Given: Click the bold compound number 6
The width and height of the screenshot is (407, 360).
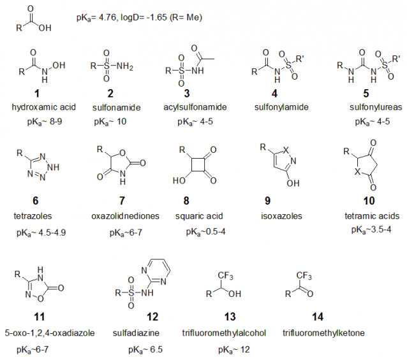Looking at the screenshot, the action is click(x=36, y=201).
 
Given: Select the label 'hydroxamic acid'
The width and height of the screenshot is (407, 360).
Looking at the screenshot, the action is click(x=44, y=107).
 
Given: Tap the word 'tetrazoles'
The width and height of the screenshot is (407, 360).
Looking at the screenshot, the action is click(x=33, y=216).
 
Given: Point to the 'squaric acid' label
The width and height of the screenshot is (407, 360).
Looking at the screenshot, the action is click(x=199, y=216).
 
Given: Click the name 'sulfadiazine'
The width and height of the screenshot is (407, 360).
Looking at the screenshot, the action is click(x=136, y=333).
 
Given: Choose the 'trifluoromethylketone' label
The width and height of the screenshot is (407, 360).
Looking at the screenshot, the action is click(x=323, y=333).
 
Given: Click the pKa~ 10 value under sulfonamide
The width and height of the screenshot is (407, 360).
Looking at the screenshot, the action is click(x=110, y=122).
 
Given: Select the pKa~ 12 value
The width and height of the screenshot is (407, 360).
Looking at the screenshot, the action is click(x=234, y=350).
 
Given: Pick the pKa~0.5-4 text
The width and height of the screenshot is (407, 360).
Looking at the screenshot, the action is click(x=205, y=231).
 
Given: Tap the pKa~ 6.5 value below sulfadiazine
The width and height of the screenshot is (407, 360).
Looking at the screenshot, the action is click(x=145, y=350).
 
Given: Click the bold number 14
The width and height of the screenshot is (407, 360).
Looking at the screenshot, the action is click(x=318, y=317).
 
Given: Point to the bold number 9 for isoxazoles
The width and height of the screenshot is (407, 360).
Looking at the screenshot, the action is click(x=268, y=201).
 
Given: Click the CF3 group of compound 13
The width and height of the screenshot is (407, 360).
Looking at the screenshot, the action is click(x=225, y=276).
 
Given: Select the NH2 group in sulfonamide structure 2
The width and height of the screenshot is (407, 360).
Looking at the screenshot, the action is click(x=125, y=66).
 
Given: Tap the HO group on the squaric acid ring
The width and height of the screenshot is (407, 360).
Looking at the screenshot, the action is click(x=179, y=180).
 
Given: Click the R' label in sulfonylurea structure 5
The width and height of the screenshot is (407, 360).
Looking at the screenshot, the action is click(x=396, y=59).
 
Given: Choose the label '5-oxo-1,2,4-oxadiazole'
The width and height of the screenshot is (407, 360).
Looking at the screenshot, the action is click(x=50, y=333).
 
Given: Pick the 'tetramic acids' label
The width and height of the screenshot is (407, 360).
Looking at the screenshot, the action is click(x=372, y=216).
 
